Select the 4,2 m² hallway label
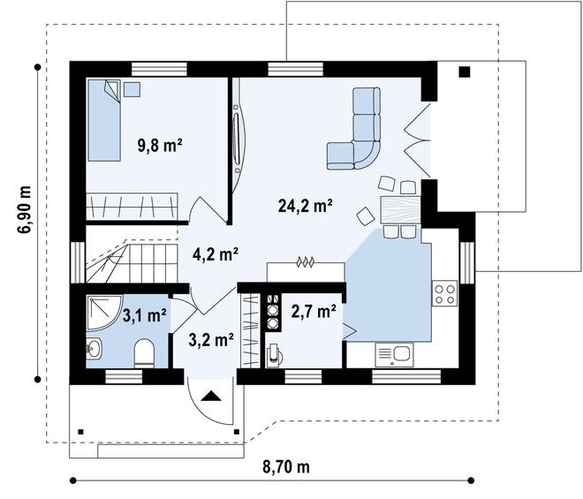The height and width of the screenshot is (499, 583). point(216,255)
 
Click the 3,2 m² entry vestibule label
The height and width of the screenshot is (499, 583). point(210,339)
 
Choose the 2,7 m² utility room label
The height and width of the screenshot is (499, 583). point(313,311)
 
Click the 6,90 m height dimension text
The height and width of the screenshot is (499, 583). point(24,209)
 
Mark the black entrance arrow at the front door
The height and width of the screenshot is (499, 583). point(212,397)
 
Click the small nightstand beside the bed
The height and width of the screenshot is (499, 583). point(132,87)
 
